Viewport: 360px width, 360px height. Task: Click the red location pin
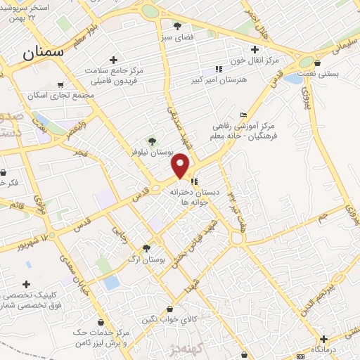[x=181, y=166]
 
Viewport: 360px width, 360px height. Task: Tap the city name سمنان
[x=42, y=51]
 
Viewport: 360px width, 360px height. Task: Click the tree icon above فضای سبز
[x=176, y=25]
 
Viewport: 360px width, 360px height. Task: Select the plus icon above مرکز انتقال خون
[x=255, y=49]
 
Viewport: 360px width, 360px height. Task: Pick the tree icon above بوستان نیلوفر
[x=150, y=140]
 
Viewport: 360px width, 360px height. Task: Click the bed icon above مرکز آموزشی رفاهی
[x=244, y=115]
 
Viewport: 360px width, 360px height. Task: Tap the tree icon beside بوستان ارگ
[x=146, y=247]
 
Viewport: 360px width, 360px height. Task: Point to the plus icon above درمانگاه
[x=323, y=338]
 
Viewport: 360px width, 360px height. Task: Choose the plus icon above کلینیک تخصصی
[x=26, y=285]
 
